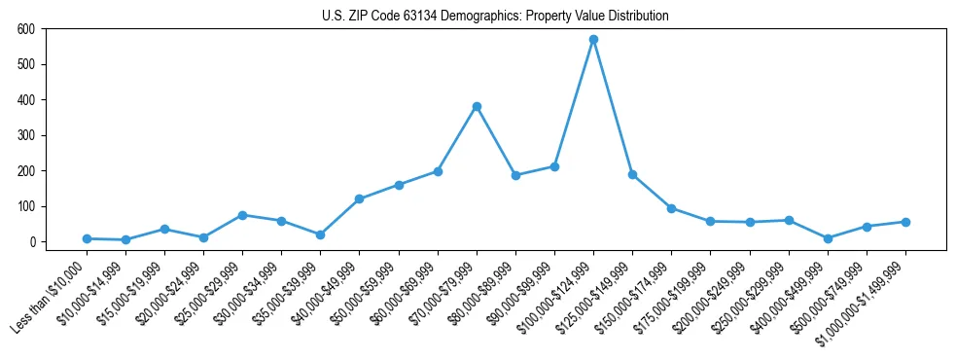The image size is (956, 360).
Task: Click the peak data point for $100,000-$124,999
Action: (593, 40)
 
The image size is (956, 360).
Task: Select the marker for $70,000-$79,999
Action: (477, 106)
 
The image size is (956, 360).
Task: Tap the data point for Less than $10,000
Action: (87, 238)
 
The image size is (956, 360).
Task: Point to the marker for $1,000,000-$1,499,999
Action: (905, 222)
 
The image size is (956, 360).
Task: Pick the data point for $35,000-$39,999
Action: (320, 234)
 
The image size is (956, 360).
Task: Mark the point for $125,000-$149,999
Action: (632, 175)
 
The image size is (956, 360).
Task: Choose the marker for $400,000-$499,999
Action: (828, 238)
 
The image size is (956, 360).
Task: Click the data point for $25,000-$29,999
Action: (242, 215)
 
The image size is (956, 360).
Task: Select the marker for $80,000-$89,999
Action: (515, 175)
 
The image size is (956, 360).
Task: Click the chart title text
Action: (495, 17)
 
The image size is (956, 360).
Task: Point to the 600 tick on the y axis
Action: (26, 29)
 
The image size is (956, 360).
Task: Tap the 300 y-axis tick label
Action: (26, 135)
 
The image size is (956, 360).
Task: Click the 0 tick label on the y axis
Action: (33, 242)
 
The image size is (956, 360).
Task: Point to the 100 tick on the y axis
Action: (26, 206)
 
